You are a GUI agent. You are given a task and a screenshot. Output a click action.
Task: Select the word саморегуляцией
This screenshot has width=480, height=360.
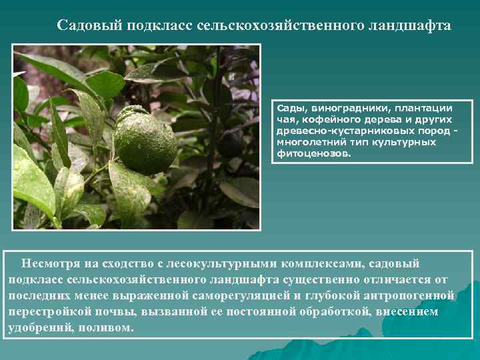tap(241, 295)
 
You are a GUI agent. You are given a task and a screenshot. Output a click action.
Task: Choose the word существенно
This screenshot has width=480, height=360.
tap(324, 279)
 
